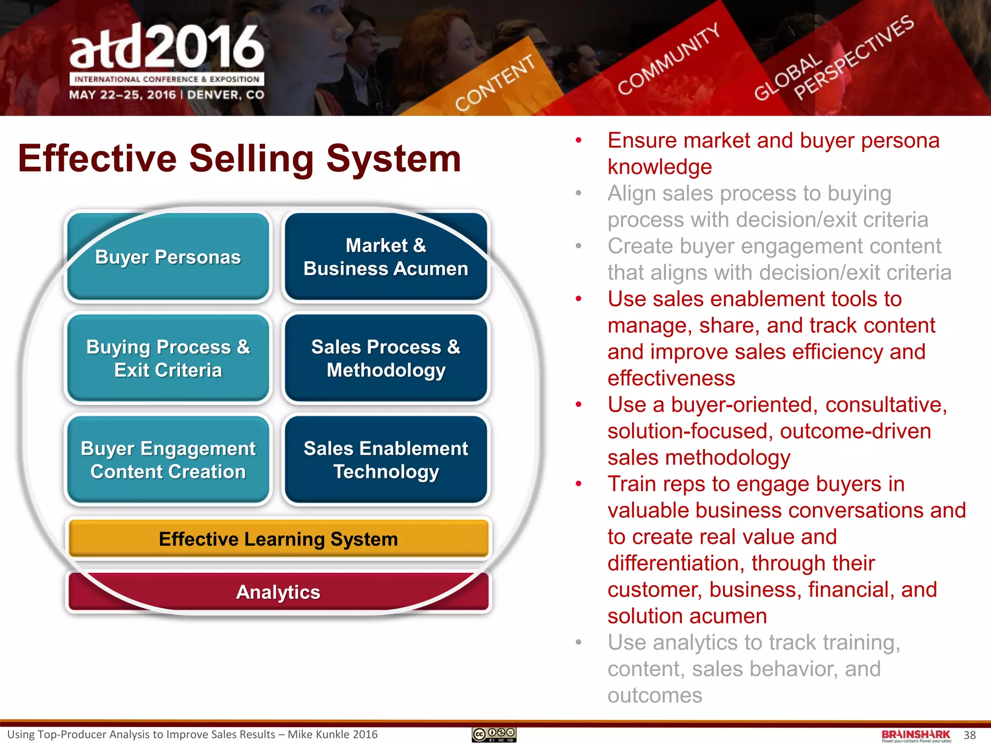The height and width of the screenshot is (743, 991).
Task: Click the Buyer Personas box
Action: click(x=168, y=257)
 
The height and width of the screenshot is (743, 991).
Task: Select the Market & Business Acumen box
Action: click(x=386, y=257)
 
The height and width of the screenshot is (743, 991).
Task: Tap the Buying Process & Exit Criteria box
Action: click(x=168, y=358)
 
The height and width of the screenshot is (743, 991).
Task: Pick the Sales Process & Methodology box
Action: click(x=386, y=358)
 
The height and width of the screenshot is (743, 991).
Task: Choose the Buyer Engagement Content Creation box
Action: click(x=168, y=460)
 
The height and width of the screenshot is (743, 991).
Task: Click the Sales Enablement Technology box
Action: click(x=386, y=460)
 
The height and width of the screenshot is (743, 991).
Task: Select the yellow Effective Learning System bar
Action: click(x=278, y=539)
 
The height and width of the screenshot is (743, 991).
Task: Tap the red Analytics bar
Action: click(x=278, y=592)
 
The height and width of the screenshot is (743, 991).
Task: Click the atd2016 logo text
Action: click(x=167, y=47)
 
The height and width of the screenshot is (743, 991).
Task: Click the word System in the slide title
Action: click(x=393, y=159)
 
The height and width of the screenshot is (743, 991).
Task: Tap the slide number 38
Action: click(x=970, y=735)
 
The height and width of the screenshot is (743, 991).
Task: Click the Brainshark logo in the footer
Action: click(x=916, y=735)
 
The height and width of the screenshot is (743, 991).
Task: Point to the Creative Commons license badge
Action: click(x=494, y=735)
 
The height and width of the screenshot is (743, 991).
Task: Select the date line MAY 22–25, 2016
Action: click(x=122, y=95)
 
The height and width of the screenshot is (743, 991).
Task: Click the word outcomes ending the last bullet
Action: click(x=655, y=696)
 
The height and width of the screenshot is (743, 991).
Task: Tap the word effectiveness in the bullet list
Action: click(x=671, y=378)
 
